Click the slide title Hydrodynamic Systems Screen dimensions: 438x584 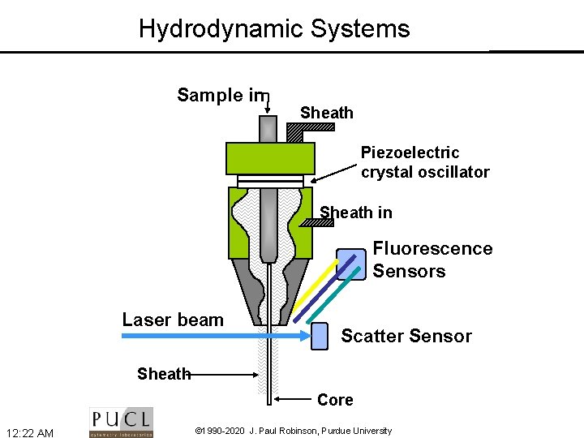(x=274, y=29)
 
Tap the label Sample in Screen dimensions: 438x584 (x=221, y=95)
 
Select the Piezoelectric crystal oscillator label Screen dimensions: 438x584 (x=425, y=162)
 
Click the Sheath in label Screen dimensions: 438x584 (x=356, y=213)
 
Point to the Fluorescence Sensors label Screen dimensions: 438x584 (x=432, y=260)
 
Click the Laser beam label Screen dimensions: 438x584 (x=173, y=320)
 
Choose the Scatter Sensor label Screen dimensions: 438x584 (x=406, y=336)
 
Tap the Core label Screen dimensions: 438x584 (x=335, y=400)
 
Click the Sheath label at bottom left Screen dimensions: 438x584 (x=163, y=374)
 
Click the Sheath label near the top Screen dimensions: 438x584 (x=327, y=113)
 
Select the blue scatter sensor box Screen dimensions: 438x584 (x=320, y=334)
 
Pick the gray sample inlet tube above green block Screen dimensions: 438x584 (x=268, y=128)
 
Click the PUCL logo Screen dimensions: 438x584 (x=121, y=422)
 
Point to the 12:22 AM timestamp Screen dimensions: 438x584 (x=30, y=432)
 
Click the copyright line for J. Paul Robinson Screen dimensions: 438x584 (x=294, y=431)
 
